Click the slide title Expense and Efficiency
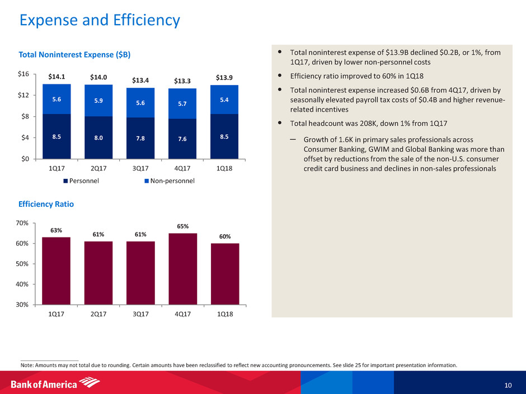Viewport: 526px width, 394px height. tap(100, 21)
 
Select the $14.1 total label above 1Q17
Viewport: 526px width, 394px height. tap(56, 77)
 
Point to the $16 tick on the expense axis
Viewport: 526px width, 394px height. tap(24, 74)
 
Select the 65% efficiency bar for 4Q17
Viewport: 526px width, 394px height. tap(182, 268)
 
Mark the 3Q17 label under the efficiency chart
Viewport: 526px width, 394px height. tap(140, 315)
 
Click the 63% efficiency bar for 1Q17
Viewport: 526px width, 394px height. tap(56, 271)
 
